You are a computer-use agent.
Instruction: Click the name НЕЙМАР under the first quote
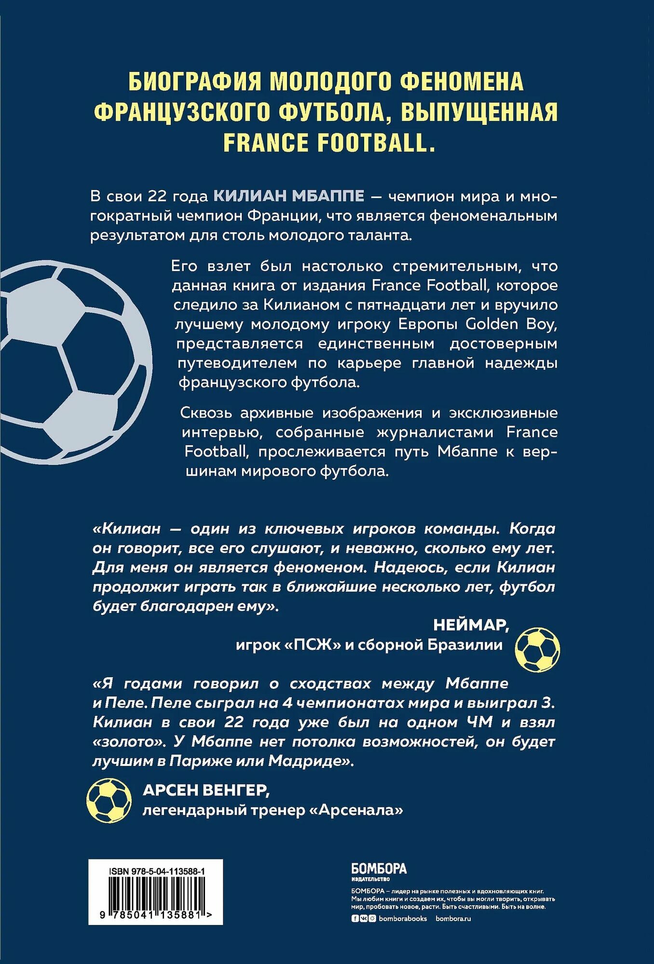pos(471,625)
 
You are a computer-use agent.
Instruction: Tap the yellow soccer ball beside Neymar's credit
pos(537,649)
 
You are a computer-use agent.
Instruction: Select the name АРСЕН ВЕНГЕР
pos(206,790)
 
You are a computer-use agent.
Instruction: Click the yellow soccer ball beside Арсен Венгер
pos(109,801)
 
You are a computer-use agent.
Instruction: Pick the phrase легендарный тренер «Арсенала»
pos(272,810)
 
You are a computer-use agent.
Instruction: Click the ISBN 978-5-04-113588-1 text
pos(157,871)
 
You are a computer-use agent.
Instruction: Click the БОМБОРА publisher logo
pos(379,869)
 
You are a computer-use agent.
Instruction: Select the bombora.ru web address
pos(453,918)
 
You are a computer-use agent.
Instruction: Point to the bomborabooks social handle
pos(403,918)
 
